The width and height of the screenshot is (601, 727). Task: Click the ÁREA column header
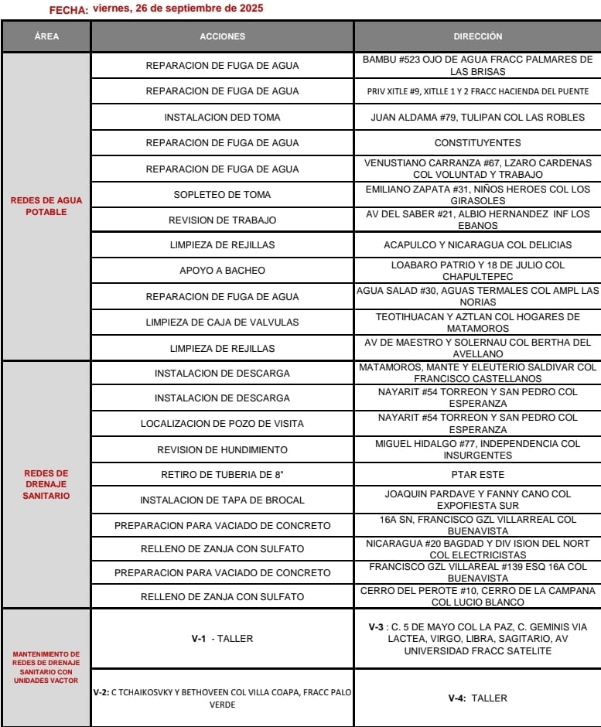point(46,36)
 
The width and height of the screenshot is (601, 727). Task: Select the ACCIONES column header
point(222,36)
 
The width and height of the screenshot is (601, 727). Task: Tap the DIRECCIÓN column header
point(477,36)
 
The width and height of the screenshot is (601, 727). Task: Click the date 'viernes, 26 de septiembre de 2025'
point(177,9)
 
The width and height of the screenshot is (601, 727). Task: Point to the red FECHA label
point(68,10)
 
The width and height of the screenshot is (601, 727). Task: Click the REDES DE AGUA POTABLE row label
point(46,206)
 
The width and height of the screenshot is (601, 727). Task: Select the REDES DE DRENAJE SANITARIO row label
point(46,484)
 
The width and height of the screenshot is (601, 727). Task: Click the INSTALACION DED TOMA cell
point(222,118)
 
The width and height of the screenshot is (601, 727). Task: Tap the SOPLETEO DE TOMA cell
point(222,195)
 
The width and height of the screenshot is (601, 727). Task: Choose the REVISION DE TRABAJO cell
point(222,220)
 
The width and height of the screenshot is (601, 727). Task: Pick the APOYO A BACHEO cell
point(222,271)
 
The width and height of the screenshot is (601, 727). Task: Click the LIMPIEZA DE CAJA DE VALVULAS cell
point(222,322)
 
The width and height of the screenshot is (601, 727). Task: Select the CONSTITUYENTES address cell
point(477,143)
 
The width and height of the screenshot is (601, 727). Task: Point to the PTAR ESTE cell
point(477,474)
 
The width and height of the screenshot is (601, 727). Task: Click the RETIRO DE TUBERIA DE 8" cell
point(222,474)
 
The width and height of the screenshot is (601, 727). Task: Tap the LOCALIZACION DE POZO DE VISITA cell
point(222,424)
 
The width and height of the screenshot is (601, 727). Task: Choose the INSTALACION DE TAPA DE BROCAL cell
point(222,500)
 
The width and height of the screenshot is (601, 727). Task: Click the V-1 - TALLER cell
point(222,639)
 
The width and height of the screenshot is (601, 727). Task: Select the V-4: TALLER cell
point(477,698)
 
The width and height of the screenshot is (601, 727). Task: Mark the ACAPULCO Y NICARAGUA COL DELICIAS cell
point(477,245)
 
